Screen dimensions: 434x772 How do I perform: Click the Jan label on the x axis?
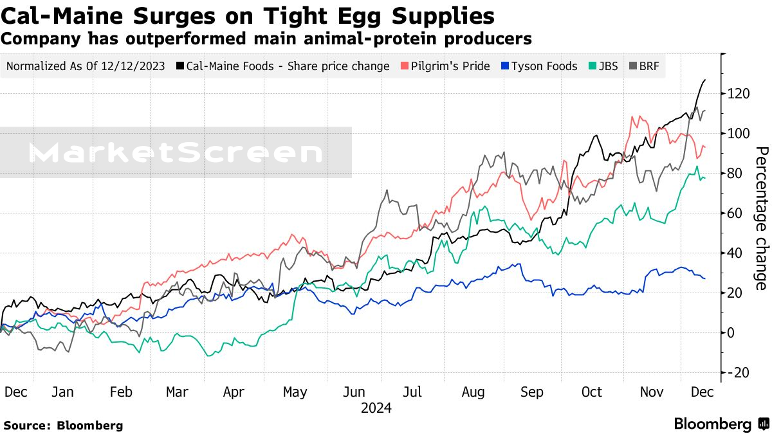(x=62, y=392)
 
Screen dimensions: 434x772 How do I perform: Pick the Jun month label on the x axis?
(x=355, y=392)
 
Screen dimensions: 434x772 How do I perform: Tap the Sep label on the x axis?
(x=531, y=392)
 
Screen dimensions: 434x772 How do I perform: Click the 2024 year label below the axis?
(x=376, y=408)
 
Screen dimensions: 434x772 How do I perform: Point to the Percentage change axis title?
(x=760, y=218)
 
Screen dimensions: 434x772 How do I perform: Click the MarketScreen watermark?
(x=176, y=153)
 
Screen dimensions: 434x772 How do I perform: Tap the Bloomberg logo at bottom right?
(x=721, y=424)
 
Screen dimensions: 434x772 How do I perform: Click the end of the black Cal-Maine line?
(x=705, y=80)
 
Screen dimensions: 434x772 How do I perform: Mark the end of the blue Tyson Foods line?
(x=705, y=278)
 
